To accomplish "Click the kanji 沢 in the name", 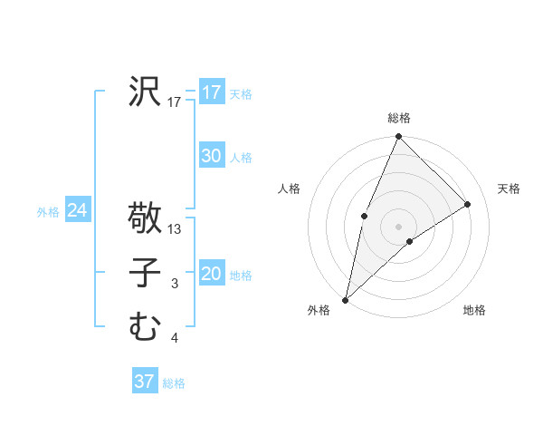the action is (144, 92).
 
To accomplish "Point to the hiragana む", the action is (144, 326).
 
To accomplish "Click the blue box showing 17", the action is (211, 92).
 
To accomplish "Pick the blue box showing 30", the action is (211, 156).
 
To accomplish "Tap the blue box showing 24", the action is (77, 210).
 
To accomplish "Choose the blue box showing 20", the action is (211, 274).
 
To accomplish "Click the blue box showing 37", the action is (144, 382).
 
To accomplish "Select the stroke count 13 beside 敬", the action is (175, 229).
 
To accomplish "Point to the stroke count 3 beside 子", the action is (175, 285).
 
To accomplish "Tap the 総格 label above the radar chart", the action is (399, 118).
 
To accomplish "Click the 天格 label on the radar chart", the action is (509, 189).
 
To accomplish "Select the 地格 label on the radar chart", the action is (474, 310).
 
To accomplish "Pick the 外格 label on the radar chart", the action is (319, 310).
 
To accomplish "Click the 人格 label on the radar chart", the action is (289, 189).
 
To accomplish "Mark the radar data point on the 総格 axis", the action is (399, 137).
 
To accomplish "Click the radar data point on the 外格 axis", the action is (345, 299).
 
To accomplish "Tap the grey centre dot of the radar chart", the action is (399, 226).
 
